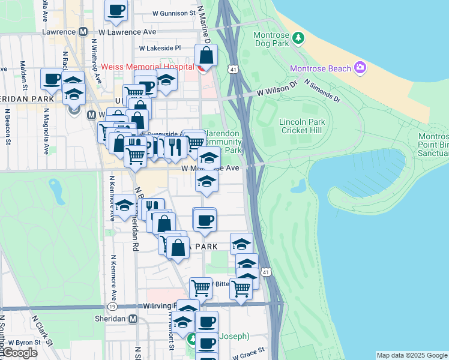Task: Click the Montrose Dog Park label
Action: tap(271, 38)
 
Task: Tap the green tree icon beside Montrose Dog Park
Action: tap(298, 38)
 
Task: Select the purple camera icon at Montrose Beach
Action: tap(360, 67)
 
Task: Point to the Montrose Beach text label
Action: tap(320, 68)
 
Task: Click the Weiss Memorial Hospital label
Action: tap(148, 66)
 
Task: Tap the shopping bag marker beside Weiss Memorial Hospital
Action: tap(206, 56)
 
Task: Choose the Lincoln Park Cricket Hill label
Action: tap(301, 126)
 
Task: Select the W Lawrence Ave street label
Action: tap(127, 31)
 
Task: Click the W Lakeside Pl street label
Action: tap(160, 48)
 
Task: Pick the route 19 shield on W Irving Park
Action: tap(112, 306)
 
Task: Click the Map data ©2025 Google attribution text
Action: tap(412, 355)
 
